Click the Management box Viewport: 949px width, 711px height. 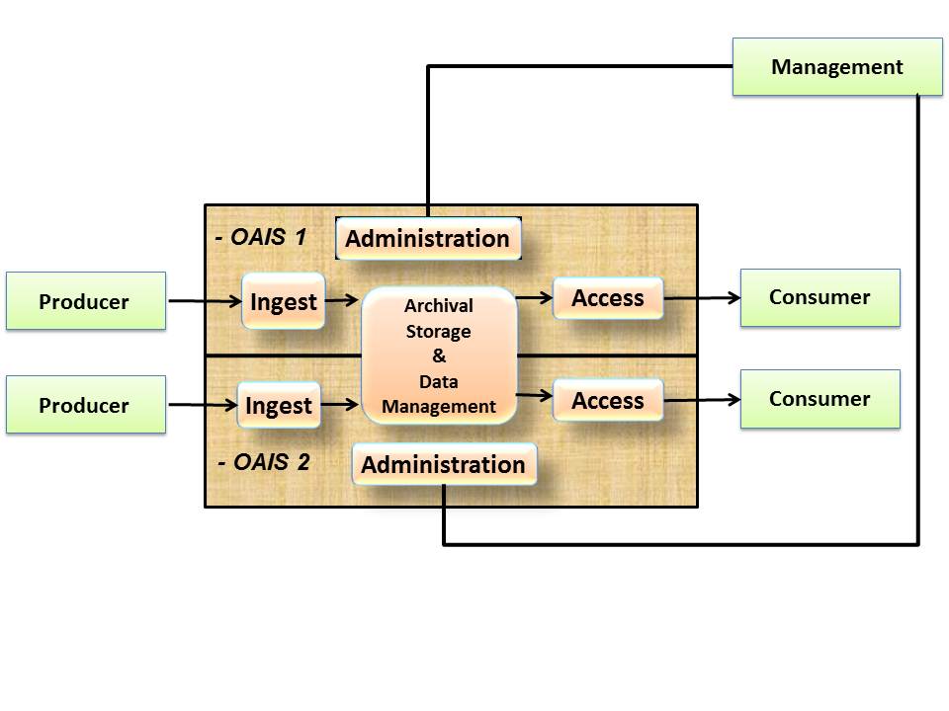[x=836, y=67]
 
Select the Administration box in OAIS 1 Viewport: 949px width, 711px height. [x=428, y=239]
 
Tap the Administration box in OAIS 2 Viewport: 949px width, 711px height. [x=444, y=464]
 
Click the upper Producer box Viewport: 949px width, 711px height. [x=85, y=301]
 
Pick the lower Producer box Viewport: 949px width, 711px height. [x=85, y=405]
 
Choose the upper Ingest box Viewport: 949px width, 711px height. [x=283, y=301]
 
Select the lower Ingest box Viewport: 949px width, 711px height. [x=279, y=405]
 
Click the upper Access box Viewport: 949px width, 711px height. [x=607, y=298]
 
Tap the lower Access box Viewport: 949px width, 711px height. [x=607, y=401]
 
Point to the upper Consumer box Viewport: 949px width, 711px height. [x=820, y=297]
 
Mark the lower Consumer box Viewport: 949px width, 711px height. [x=820, y=399]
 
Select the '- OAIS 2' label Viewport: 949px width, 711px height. [x=263, y=461]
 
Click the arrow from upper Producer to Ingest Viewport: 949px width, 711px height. [x=204, y=300]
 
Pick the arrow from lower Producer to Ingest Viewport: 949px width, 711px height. [x=202, y=404]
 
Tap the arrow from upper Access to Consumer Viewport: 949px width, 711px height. [x=702, y=297]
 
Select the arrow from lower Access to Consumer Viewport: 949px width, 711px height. [x=702, y=400]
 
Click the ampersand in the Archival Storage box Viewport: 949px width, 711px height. [x=439, y=356]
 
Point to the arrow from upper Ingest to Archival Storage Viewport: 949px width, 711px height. [x=342, y=300]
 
